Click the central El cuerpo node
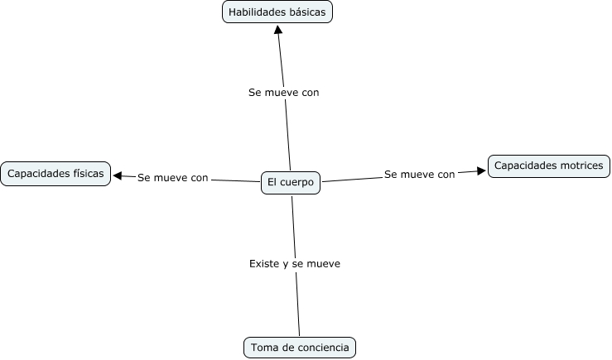(290, 182)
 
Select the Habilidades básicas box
(277, 12)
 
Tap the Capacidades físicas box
(55, 174)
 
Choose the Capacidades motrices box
(548, 166)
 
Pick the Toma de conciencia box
(300, 348)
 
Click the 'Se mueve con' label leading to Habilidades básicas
(283, 93)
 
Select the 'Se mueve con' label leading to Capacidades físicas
(173, 177)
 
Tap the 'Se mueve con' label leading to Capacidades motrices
(420, 175)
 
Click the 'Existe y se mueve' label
(295, 263)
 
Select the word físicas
(86, 174)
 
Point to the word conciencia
(324, 348)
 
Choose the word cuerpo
(297, 182)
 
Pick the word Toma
(263, 348)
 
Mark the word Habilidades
(257, 12)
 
